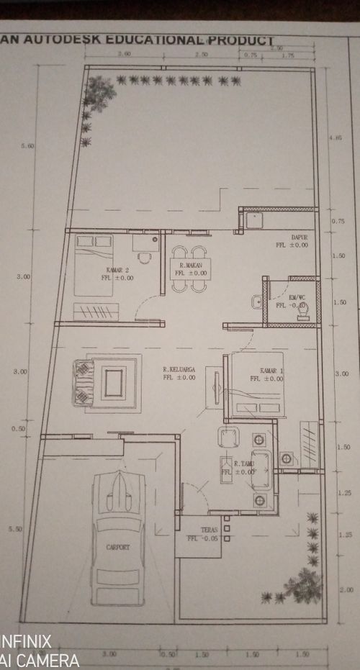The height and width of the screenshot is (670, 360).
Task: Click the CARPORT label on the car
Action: coord(119,548)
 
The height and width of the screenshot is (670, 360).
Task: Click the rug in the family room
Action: coord(115,384)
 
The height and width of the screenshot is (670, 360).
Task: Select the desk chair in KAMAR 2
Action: coord(146,260)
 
